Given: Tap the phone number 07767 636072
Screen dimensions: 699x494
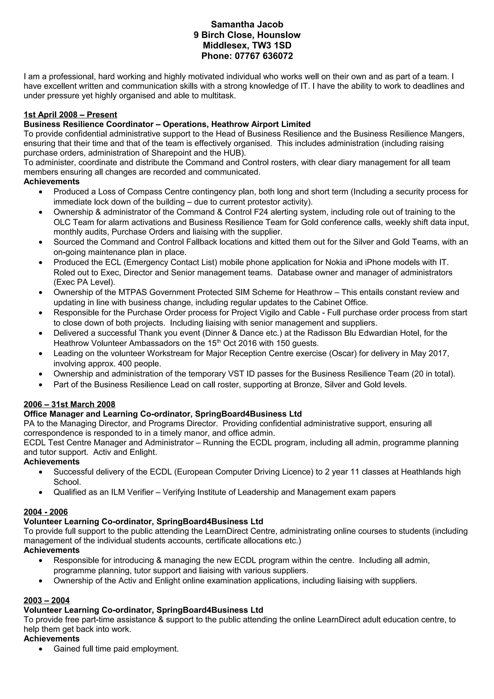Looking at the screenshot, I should [264, 56].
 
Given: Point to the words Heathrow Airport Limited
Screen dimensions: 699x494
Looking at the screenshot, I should [261, 124].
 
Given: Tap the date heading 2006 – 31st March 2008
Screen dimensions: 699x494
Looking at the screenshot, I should [69, 404].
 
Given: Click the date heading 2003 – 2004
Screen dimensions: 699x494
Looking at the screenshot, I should [47, 600].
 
